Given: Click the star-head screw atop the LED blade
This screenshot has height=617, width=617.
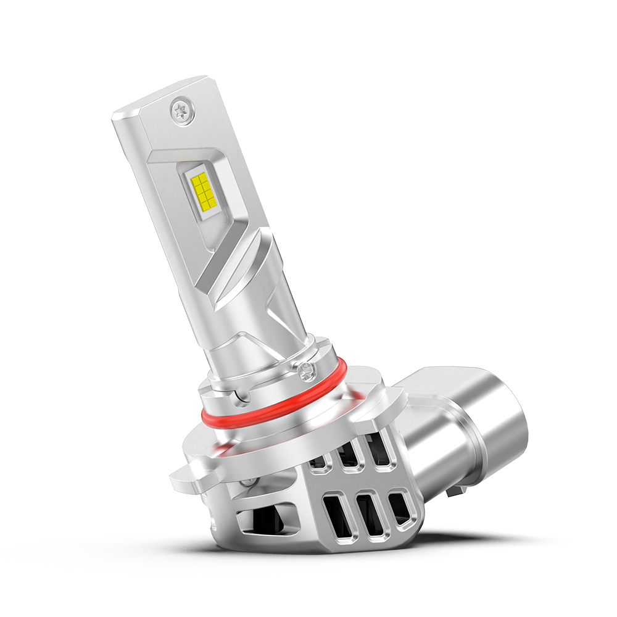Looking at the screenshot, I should tap(183, 111).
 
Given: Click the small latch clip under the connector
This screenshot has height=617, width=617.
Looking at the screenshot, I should tap(455, 492).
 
